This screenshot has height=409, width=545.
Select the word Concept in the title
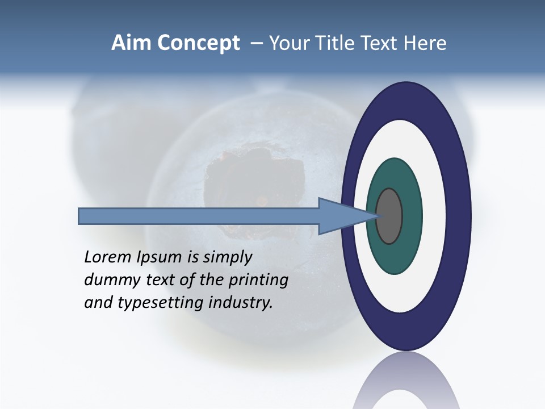pyautogui.click(x=198, y=44)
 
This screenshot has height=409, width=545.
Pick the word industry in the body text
pyautogui.click(x=241, y=303)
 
